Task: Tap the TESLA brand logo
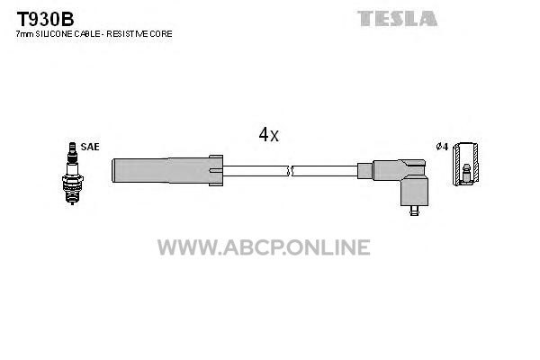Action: (x=397, y=18)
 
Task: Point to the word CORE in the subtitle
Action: (x=162, y=33)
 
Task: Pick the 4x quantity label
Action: (x=268, y=135)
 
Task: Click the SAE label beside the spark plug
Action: (x=90, y=146)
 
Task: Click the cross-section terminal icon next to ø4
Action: (x=465, y=166)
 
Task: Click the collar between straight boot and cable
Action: (x=216, y=168)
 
